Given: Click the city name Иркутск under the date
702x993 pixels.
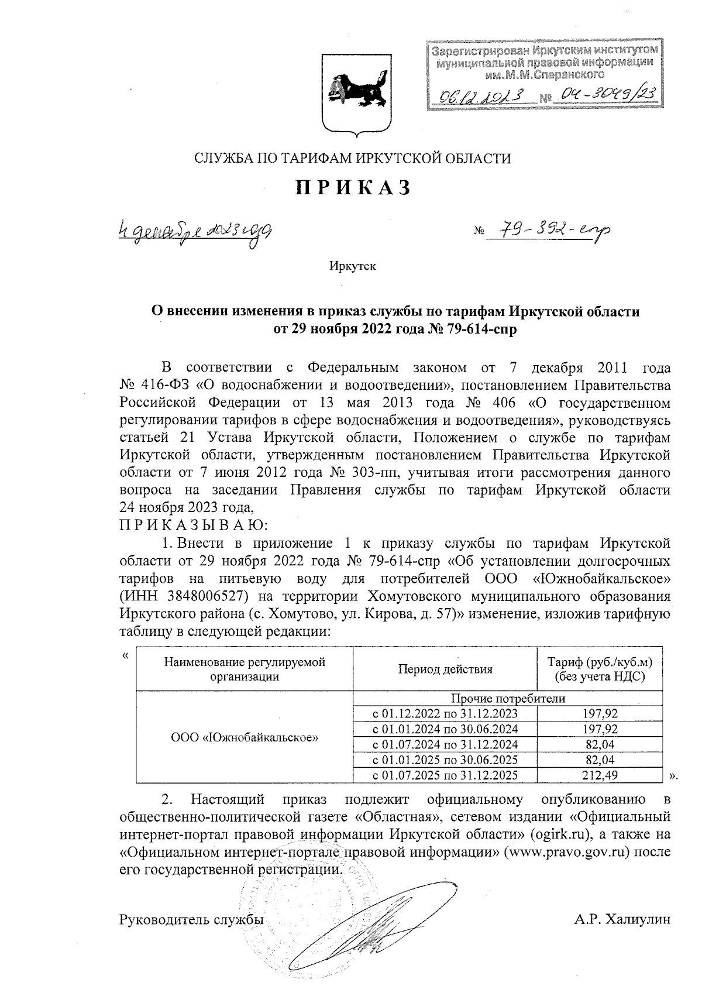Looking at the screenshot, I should coord(352,267).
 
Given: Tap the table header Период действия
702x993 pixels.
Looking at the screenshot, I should coord(445,669).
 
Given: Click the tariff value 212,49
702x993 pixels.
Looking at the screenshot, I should coord(600,776).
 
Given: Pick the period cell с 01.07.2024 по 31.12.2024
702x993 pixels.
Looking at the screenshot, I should coord(445,744).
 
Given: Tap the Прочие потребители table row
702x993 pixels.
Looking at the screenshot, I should coord(508,699).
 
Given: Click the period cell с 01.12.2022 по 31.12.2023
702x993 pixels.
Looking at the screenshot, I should coord(445,713).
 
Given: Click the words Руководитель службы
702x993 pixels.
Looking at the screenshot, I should coord(191,919).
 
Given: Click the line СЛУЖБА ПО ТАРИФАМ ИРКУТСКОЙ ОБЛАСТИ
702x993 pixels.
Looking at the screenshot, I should coord(352,159).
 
